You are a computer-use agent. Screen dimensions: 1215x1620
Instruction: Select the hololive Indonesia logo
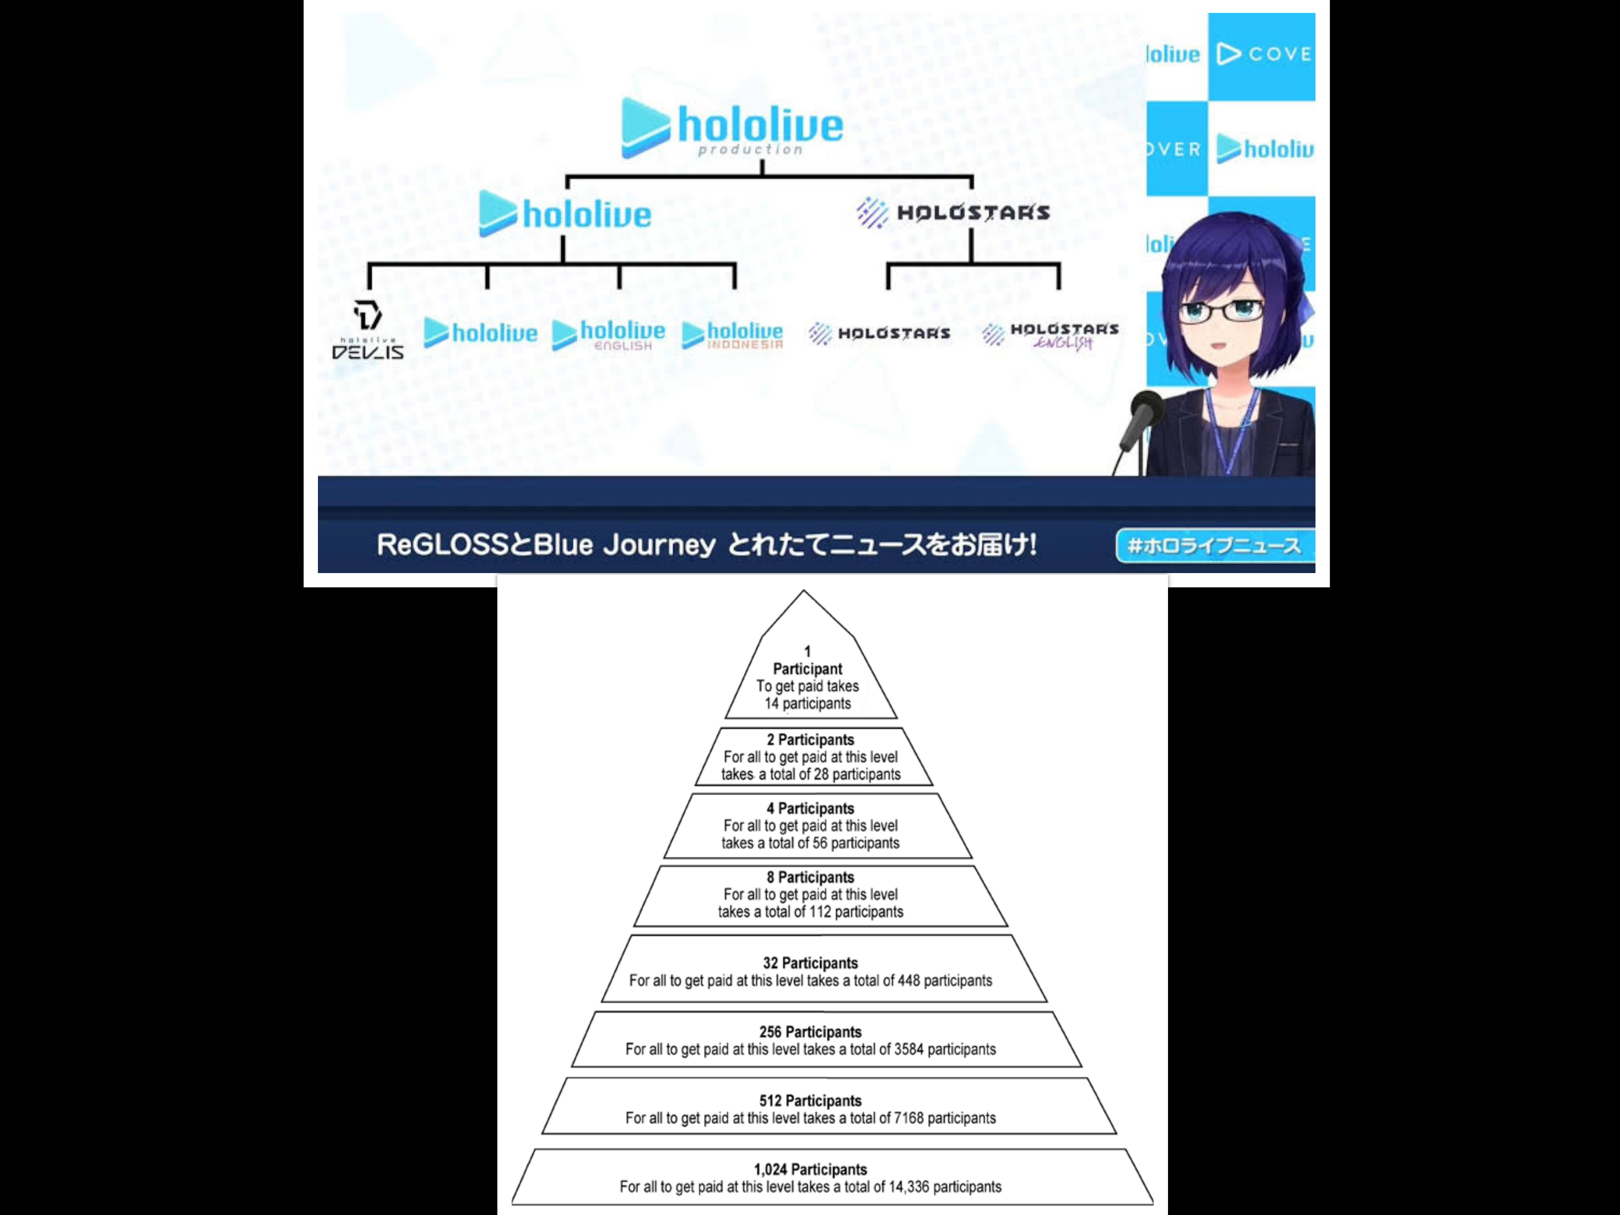pos(732,335)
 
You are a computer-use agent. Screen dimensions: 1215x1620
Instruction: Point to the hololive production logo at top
pos(732,128)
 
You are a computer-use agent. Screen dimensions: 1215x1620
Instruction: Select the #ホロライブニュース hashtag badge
pos(1214,546)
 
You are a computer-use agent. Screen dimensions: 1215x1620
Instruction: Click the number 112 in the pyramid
pos(820,912)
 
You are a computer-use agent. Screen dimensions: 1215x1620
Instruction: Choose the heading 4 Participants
pos(810,808)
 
